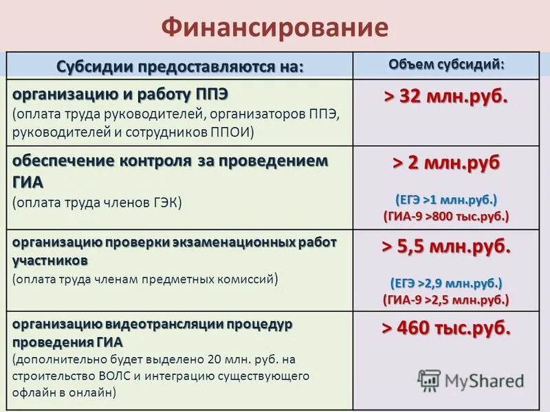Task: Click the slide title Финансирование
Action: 275,27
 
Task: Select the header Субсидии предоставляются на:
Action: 179,67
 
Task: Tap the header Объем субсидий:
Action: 446,64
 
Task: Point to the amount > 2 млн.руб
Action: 446,163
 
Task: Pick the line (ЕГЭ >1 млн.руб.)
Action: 446,199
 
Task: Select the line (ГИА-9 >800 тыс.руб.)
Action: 446,216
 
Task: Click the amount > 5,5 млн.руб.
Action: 446,247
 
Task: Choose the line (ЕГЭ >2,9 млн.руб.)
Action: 446,283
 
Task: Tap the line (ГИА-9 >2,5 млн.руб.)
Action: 446,300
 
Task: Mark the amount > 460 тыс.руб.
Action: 446,328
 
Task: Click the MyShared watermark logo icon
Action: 429,380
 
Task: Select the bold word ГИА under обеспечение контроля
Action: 28,182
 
